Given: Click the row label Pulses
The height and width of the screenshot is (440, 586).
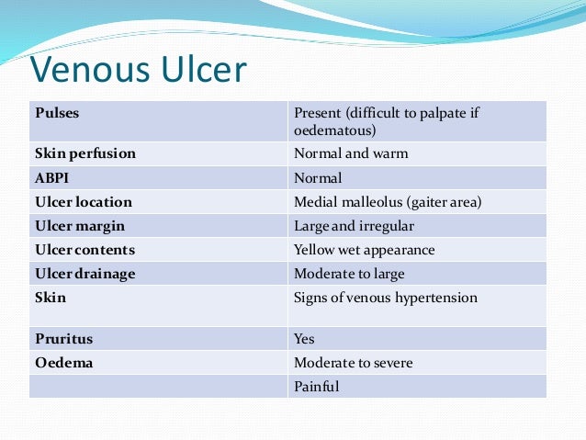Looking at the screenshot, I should (57, 114).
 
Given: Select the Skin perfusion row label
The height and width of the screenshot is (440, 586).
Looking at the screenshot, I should (85, 154).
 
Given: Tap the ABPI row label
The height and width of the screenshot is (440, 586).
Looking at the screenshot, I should (53, 178).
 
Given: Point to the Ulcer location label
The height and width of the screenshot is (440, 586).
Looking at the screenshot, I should (84, 202).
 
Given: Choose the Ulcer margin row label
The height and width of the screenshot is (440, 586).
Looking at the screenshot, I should (80, 226).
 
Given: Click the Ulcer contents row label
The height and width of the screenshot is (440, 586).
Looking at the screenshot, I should (85, 250).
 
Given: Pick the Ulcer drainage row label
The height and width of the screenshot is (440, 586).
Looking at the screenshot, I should (85, 274).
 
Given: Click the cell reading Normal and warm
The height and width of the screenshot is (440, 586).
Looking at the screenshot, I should (351, 154).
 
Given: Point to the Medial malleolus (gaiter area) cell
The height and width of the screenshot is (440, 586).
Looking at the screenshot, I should (388, 202).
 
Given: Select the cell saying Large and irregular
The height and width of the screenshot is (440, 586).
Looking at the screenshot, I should (354, 226).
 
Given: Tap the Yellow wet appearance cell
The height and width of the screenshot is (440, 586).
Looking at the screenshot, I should (365, 250).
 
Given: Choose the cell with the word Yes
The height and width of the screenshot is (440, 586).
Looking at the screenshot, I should (304, 339).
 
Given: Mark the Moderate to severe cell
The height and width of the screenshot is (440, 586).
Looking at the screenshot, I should (354, 363).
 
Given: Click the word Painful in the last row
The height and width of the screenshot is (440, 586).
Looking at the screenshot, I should (317, 387).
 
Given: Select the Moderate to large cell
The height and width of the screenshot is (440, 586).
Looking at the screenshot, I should (349, 274).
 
